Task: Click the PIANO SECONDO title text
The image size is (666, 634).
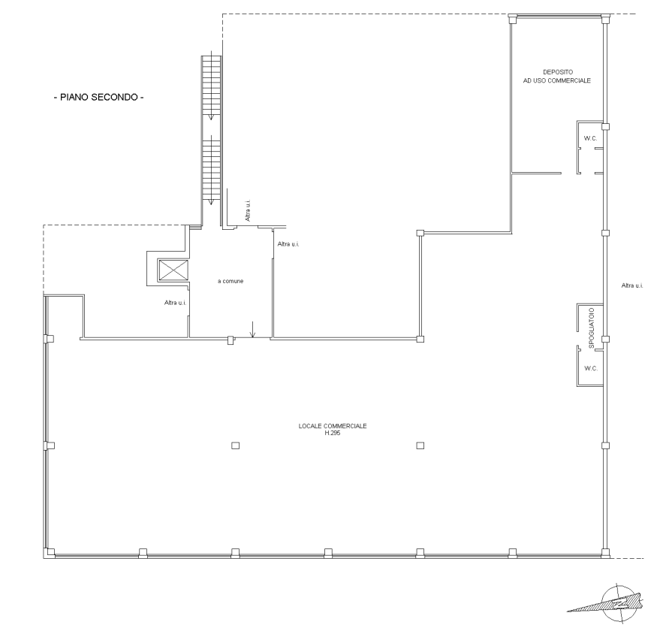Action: click(x=98, y=98)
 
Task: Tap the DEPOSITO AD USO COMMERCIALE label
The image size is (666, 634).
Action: click(x=557, y=77)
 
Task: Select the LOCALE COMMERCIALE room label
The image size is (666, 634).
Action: click(x=333, y=426)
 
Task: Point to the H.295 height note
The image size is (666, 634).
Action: click(x=333, y=433)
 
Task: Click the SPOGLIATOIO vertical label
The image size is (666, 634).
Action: click(x=592, y=328)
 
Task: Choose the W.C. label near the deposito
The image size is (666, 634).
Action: click(x=590, y=138)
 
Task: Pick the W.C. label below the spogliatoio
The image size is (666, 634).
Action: click(x=591, y=368)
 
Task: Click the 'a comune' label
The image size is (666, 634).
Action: click(x=231, y=281)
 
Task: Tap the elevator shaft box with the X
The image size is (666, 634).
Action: click(x=173, y=270)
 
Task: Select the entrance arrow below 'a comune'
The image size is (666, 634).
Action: click(x=253, y=330)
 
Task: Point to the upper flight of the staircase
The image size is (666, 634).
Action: click(x=212, y=87)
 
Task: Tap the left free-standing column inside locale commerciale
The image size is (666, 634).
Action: click(x=235, y=445)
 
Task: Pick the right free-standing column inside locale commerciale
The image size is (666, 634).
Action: click(x=420, y=445)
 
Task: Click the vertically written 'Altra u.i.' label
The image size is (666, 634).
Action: click(x=248, y=210)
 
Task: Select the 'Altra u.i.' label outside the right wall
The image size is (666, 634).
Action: click(x=632, y=285)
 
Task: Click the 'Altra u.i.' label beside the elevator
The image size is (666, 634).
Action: click(x=176, y=303)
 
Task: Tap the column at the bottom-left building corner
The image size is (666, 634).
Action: click(x=50, y=553)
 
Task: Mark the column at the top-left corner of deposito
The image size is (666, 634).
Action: click(x=514, y=19)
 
